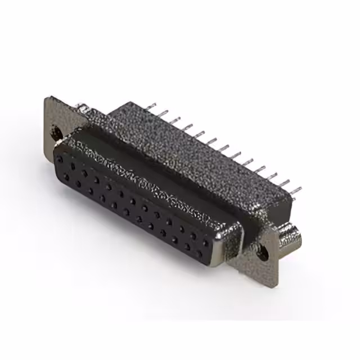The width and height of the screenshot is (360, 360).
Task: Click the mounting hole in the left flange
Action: click(57, 133)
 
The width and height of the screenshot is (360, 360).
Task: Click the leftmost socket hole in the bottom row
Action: click(66, 176)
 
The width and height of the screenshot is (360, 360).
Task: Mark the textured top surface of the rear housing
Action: click(186, 152)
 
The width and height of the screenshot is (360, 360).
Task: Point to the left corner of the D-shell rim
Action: click(56, 147)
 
